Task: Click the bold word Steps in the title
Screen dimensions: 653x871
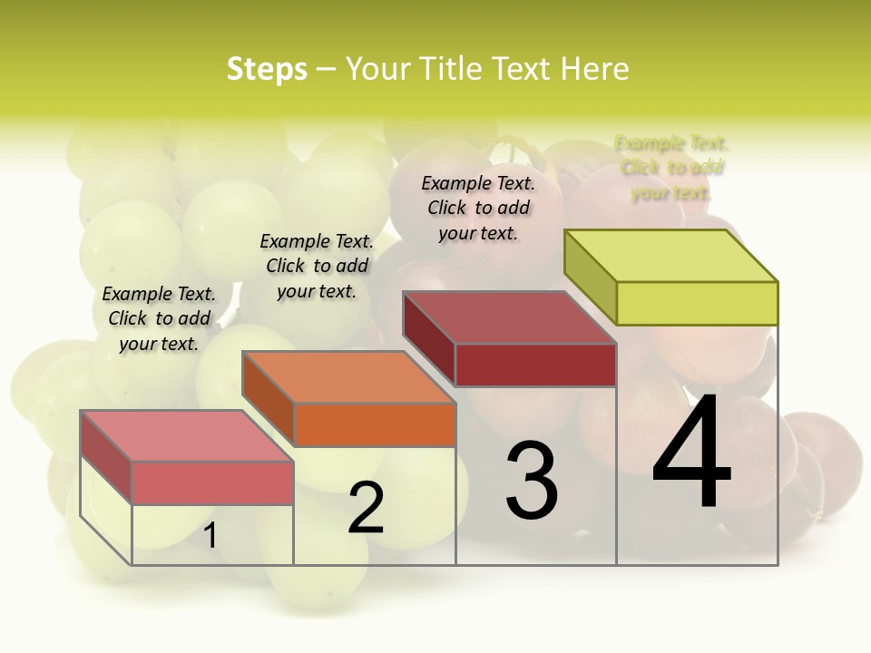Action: coord(266,70)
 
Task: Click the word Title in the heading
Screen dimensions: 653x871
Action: coord(449,70)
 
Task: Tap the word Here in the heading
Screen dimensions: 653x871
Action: coord(594,70)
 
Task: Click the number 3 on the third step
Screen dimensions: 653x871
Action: coord(532,481)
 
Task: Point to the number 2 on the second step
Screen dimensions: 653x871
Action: coord(366,508)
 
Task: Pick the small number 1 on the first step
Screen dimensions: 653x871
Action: coord(210,535)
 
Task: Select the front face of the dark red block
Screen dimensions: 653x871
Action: coord(535,365)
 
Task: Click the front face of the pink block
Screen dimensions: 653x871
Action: coord(212,482)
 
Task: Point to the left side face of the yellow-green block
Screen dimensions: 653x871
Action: coord(591,278)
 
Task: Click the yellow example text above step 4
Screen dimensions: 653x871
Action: coord(670,168)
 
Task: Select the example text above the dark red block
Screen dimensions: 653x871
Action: coord(478,208)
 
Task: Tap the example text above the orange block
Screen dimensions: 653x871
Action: coord(317,266)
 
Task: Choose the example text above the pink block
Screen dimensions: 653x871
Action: coord(159,318)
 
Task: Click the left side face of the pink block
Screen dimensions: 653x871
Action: coord(106,457)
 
